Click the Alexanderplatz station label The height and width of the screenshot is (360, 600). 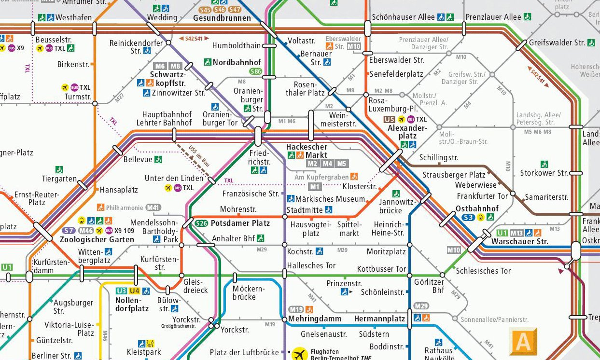[x=407, y=132]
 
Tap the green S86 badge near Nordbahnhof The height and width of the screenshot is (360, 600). [x=255, y=71]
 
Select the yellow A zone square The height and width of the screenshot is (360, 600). [x=523, y=342]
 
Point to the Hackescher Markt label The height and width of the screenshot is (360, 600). [x=307, y=151]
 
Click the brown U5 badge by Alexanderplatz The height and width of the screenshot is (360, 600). [x=389, y=119]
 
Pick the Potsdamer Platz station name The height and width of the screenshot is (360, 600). [x=240, y=223]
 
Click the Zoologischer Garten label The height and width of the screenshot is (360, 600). [x=97, y=239]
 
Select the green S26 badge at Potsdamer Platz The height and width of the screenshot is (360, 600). [x=202, y=223]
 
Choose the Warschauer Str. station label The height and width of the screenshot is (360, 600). [x=519, y=241]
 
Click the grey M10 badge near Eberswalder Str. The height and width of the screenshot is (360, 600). [x=354, y=46]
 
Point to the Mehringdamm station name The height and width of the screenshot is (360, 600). [x=315, y=318]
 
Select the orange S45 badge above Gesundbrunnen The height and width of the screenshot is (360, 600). [x=205, y=10]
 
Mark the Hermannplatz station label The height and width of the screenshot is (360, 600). [x=379, y=319]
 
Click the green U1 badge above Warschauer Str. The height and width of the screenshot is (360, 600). [x=502, y=233]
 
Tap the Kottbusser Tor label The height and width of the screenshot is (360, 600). [x=381, y=269]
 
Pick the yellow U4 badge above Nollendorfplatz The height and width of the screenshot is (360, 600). [x=134, y=291]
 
